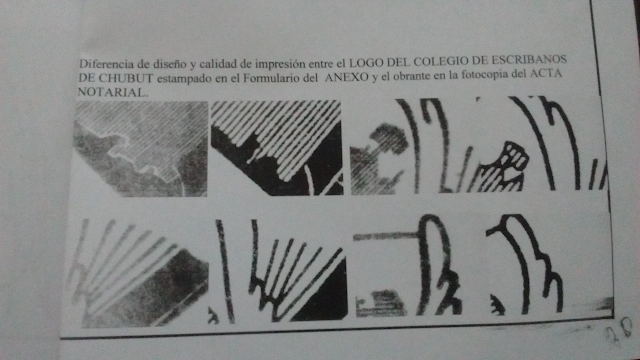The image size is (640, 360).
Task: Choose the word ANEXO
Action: pos(347,77)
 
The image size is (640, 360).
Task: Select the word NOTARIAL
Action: pos(111,92)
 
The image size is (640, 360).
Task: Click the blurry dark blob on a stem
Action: pos(388,140)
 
